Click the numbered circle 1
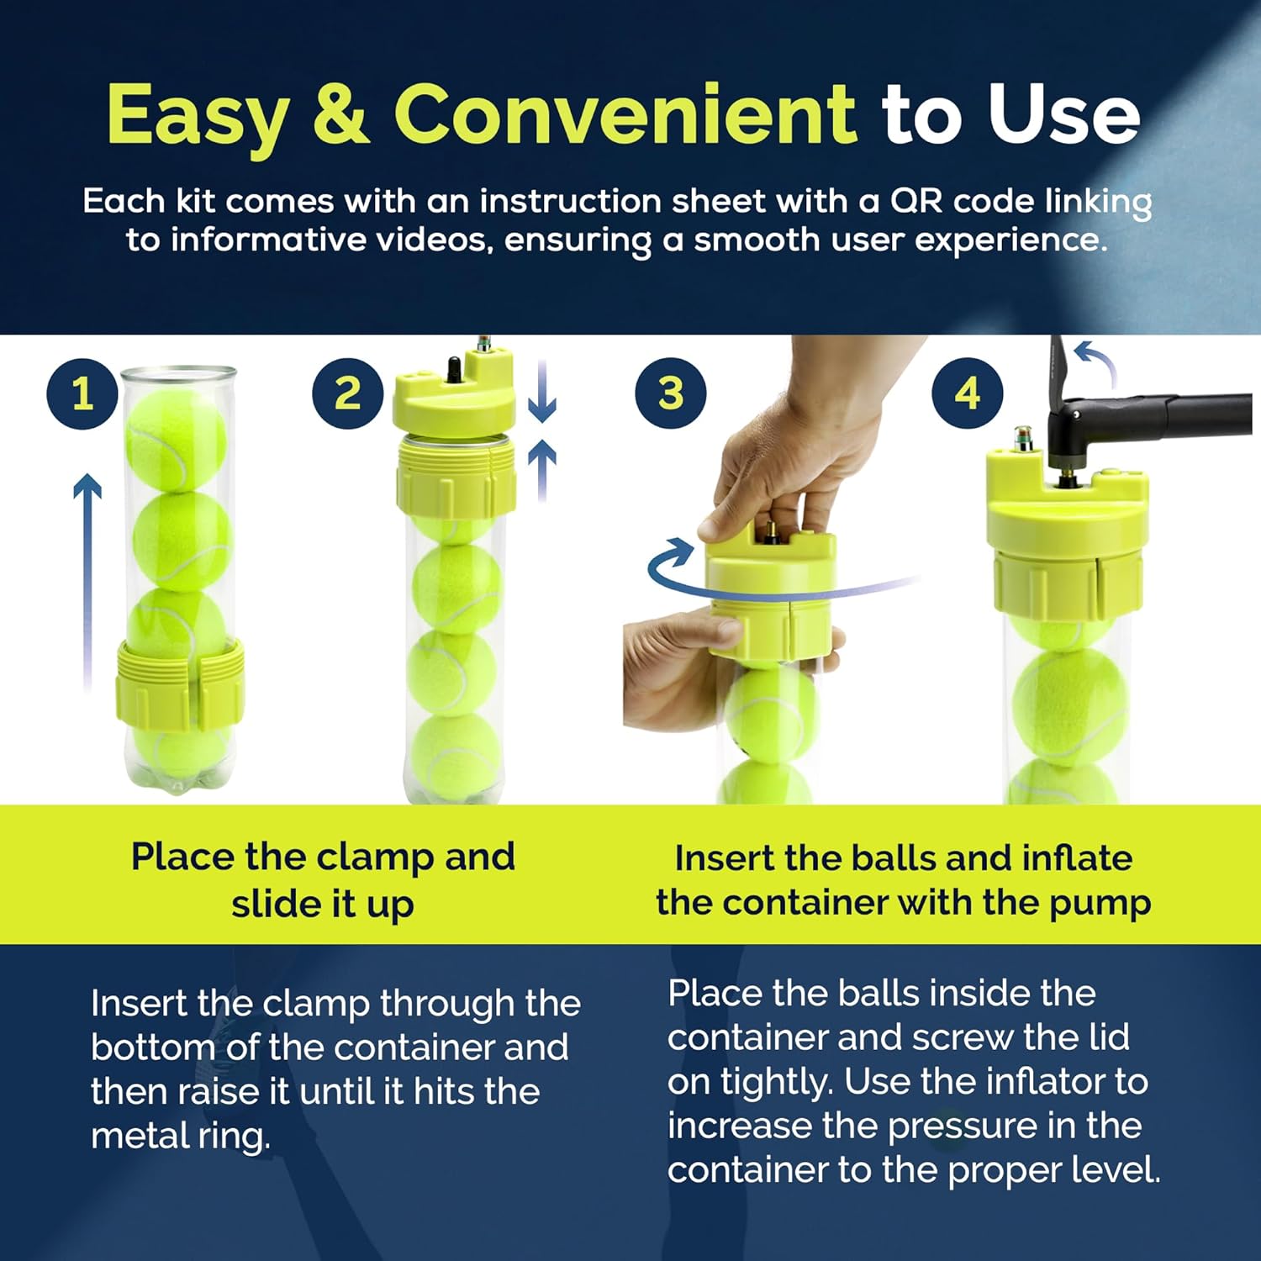pyautogui.click(x=82, y=393)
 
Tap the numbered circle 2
pyautogui.click(x=347, y=393)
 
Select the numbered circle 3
pyautogui.click(x=670, y=393)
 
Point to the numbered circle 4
pyautogui.click(x=967, y=393)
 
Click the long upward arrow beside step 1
pyautogui.click(x=87, y=580)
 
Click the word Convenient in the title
pyautogui.click(x=624, y=115)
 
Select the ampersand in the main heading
pyautogui.click(x=340, y=115)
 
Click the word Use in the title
pyautogui.click(x=1063, y=115)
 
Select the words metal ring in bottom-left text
pyautogui.click(x=180, y=1137)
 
